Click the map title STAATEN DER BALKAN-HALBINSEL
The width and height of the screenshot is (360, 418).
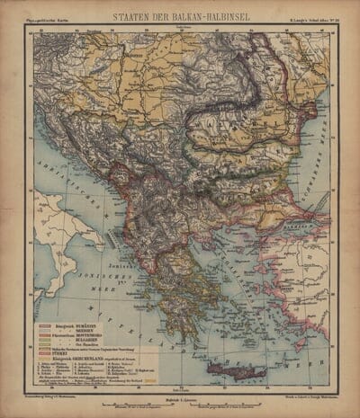click(180, 15)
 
